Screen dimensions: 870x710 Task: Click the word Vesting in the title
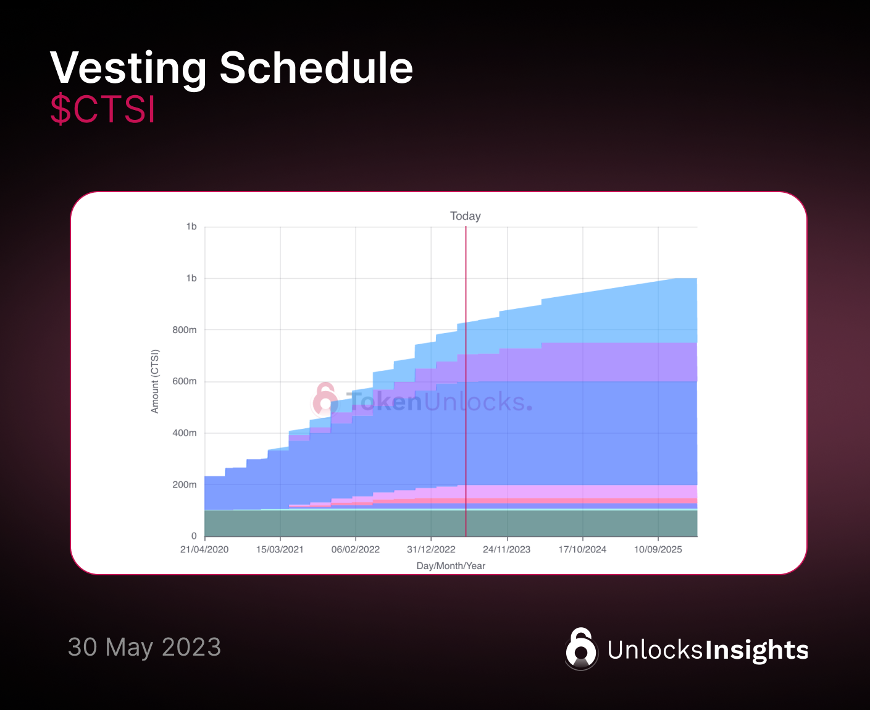(x=128, y=69)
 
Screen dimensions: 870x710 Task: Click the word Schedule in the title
(x=316, y=68)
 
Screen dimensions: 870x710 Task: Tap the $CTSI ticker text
(x=102, y=109)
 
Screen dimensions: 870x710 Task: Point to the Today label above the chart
(x=466, y=216)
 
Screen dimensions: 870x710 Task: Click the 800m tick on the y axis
(x=185, y=330)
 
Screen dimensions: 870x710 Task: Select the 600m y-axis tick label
(x=185, y=381)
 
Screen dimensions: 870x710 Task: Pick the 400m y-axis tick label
(x=185, y=433)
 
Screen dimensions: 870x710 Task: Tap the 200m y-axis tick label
(x=185, y=484)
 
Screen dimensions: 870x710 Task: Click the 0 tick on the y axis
(x=194, y=536)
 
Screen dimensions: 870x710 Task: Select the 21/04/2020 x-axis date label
(x=204, y=549)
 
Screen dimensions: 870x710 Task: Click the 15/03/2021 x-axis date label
(x=280, y=549)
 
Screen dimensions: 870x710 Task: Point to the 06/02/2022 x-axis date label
(x=356, y=549)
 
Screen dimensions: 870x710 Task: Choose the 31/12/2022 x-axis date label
(x=431, y=549)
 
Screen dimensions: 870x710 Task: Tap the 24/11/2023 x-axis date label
(x=506, y=549)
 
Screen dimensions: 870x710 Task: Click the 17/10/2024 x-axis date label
(x=582, y=549)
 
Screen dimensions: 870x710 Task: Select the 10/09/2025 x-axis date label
(x=658, y=549)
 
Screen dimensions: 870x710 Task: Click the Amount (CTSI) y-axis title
(x=155, y=381)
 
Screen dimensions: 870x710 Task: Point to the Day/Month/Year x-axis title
(x=451, y=566)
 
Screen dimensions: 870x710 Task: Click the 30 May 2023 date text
(x=144, y=647)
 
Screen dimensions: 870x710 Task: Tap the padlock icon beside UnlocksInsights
(x=581, y=649)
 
